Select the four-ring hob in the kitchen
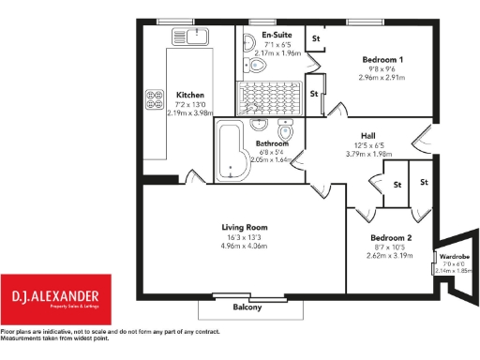click(154, 98)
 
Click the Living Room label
click(245, 228)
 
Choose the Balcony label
click(247, 307)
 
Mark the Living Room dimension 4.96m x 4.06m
click(245, 247)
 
